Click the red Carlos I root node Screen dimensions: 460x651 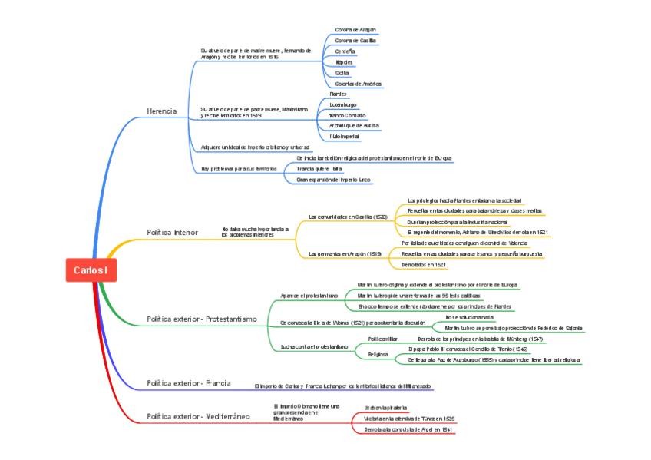91,270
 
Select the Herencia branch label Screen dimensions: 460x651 161,111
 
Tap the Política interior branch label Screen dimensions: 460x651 172,231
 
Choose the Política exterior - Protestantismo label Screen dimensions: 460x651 202,319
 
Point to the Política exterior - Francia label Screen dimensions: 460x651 189,382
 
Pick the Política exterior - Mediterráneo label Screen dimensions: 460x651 199,416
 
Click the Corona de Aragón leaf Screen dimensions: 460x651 355,29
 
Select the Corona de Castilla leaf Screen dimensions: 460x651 356,40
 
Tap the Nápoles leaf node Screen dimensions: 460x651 345,61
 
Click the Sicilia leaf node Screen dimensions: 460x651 342,72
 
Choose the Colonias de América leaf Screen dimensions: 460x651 359,83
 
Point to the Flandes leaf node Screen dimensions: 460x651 338,94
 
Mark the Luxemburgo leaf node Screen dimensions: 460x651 342,104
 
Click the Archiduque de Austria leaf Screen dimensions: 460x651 354,125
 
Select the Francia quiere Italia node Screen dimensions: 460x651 319,168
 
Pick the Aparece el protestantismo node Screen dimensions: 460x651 309,296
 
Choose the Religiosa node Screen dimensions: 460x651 378,354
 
